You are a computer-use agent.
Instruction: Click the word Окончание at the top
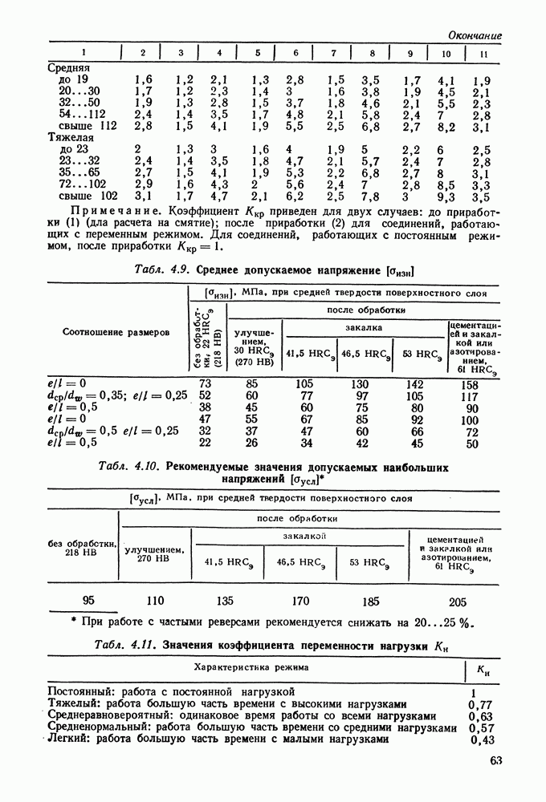click(475, 35)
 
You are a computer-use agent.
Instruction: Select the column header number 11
click(483, 54)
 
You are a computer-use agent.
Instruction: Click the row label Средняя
click(69, 68)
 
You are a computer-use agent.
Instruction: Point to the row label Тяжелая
click(71, 137)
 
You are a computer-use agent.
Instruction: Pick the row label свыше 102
click(84, 195)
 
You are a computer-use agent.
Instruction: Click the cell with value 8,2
click(446, 126)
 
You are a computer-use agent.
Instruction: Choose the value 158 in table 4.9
click(471, 384)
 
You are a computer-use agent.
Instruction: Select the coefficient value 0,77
click(480, 705)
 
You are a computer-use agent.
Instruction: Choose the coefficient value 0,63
click(480, 716)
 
